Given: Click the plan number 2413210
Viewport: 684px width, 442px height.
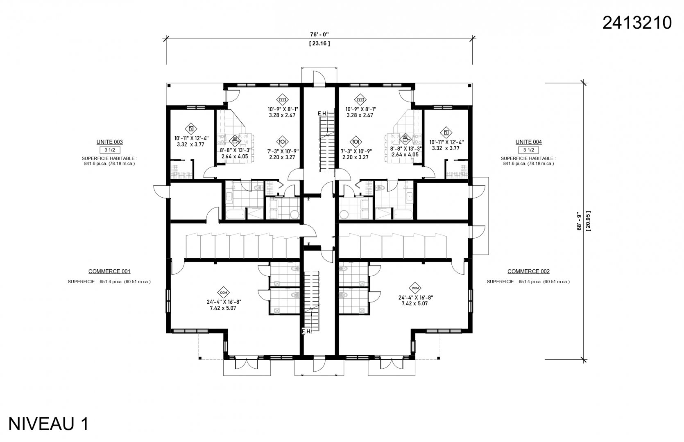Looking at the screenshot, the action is [x=637, y=23].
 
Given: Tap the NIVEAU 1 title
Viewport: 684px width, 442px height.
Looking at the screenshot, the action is [x=49, y=424].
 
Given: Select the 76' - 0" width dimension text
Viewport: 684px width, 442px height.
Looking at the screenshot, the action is [x=319, y=35].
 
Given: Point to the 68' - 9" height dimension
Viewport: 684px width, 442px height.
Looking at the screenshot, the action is [x=579, y=221].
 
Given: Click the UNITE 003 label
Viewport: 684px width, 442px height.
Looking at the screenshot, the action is [x=110, y=142].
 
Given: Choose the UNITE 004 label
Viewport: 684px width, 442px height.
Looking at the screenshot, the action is [x=529, y=142].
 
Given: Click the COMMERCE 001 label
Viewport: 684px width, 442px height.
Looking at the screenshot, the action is [x=109, y=271].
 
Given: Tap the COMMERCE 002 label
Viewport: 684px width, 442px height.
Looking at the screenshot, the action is [x=529, y=271].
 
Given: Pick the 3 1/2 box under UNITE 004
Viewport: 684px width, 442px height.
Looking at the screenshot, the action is [x=529, y=150].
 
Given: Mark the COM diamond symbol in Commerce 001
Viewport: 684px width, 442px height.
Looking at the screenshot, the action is [x=224, y=293].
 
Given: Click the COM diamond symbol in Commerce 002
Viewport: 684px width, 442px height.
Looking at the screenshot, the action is [x=415, y=288].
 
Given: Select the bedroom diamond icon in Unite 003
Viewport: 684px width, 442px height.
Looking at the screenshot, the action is [x=191, y=129].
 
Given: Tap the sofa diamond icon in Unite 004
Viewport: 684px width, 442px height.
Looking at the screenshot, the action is [x=360, y=100].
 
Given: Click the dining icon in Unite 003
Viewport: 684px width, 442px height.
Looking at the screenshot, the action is [x=282, y=142].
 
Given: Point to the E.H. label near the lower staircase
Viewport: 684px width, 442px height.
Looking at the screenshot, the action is [x=306, y=331].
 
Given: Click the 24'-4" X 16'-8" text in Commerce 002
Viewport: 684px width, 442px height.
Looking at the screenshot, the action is [x=416, y=298].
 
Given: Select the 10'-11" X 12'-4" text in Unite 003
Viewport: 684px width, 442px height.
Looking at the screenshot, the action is [x=191, y=138].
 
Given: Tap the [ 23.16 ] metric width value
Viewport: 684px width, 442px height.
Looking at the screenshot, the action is [x=319, y=43].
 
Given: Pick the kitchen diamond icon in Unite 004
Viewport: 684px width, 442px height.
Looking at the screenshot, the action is [x=405, y=139].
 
